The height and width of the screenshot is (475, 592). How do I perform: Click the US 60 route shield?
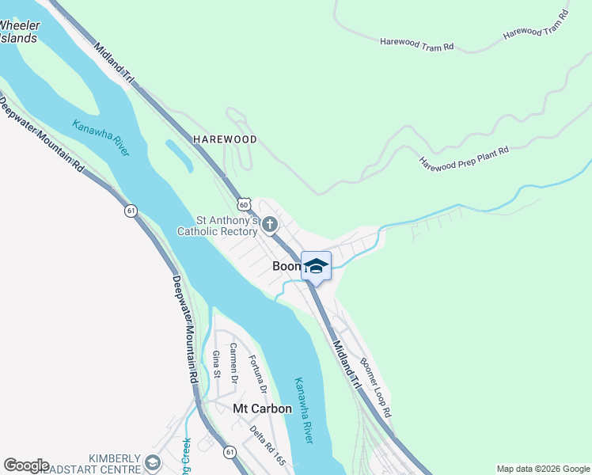click(245, 203)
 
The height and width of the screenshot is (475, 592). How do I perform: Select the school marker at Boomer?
click(316, 266)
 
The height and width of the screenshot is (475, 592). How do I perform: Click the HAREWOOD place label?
click(226, 139)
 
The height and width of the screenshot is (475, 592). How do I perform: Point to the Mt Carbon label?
click(262, 408)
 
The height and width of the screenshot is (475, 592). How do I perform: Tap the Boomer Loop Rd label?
click(376, 388)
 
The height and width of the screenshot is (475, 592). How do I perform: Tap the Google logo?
click(27, 465)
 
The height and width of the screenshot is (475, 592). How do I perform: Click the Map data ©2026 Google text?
click(543, 469)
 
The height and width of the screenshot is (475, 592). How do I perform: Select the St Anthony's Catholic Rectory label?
click(218, 226)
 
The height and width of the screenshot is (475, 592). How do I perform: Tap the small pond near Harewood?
click(179, 156)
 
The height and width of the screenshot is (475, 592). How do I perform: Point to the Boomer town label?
click(286, 267)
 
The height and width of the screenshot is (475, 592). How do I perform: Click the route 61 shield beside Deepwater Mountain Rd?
click(131, 211)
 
